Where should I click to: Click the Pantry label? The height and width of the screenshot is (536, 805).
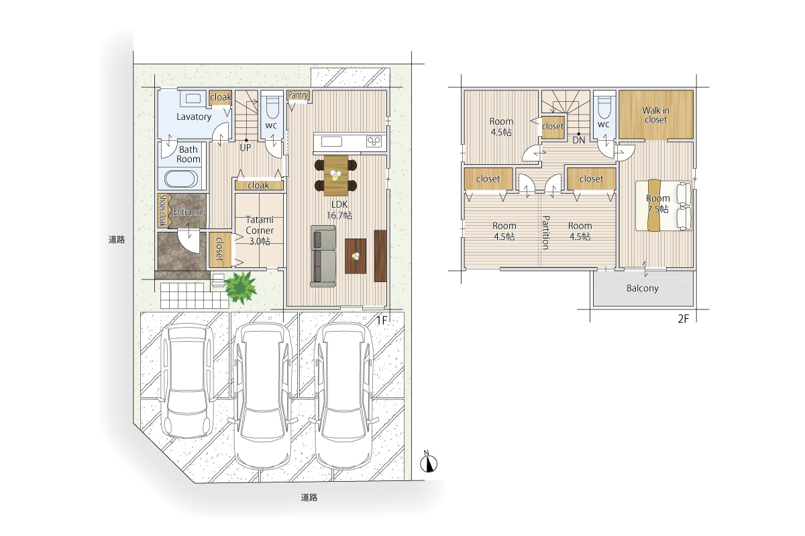point(298,95)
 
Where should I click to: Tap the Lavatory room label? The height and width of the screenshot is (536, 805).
point(194,117)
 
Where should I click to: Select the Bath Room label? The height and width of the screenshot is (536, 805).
point(189,154)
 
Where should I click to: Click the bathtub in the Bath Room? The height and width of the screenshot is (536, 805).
point(181,178)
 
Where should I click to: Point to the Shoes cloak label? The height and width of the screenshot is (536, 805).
point(162,211)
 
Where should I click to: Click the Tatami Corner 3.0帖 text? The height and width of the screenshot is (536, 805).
point(260,230)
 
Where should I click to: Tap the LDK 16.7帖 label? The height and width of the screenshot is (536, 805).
point(339,210)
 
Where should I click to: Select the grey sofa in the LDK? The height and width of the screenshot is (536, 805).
point(323,256)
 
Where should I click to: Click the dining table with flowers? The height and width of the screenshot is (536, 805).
point(335,176)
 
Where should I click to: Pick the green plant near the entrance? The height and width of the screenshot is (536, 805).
point(241,287)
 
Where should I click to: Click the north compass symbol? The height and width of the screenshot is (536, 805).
point(429,462)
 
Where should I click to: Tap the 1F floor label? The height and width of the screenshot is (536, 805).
point(382,320)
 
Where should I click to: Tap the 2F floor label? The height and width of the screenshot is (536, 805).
point(683,319)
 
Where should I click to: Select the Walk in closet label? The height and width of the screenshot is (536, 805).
point(655,115)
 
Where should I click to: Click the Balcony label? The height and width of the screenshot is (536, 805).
point(642,288)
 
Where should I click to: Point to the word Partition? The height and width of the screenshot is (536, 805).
point(545,232)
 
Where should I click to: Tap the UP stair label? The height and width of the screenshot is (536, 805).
point(245,147)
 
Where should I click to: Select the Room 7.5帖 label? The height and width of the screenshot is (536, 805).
point(658,204)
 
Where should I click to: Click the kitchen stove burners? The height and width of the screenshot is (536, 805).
point(374,142)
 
